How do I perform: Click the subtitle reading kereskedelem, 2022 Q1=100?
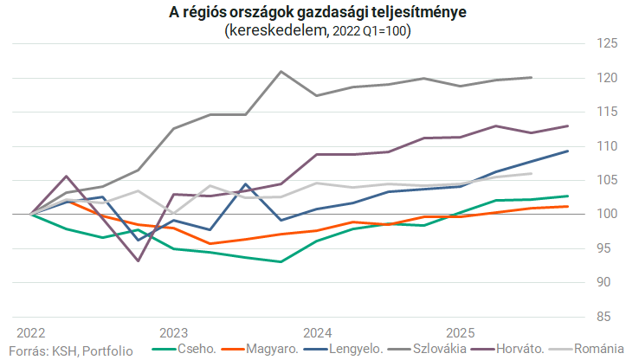coord(317,30)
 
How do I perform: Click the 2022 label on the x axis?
coord(31,333)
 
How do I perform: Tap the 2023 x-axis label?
coord(174,333)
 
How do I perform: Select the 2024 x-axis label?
coord(317,333)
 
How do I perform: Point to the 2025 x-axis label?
coord(460,333)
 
